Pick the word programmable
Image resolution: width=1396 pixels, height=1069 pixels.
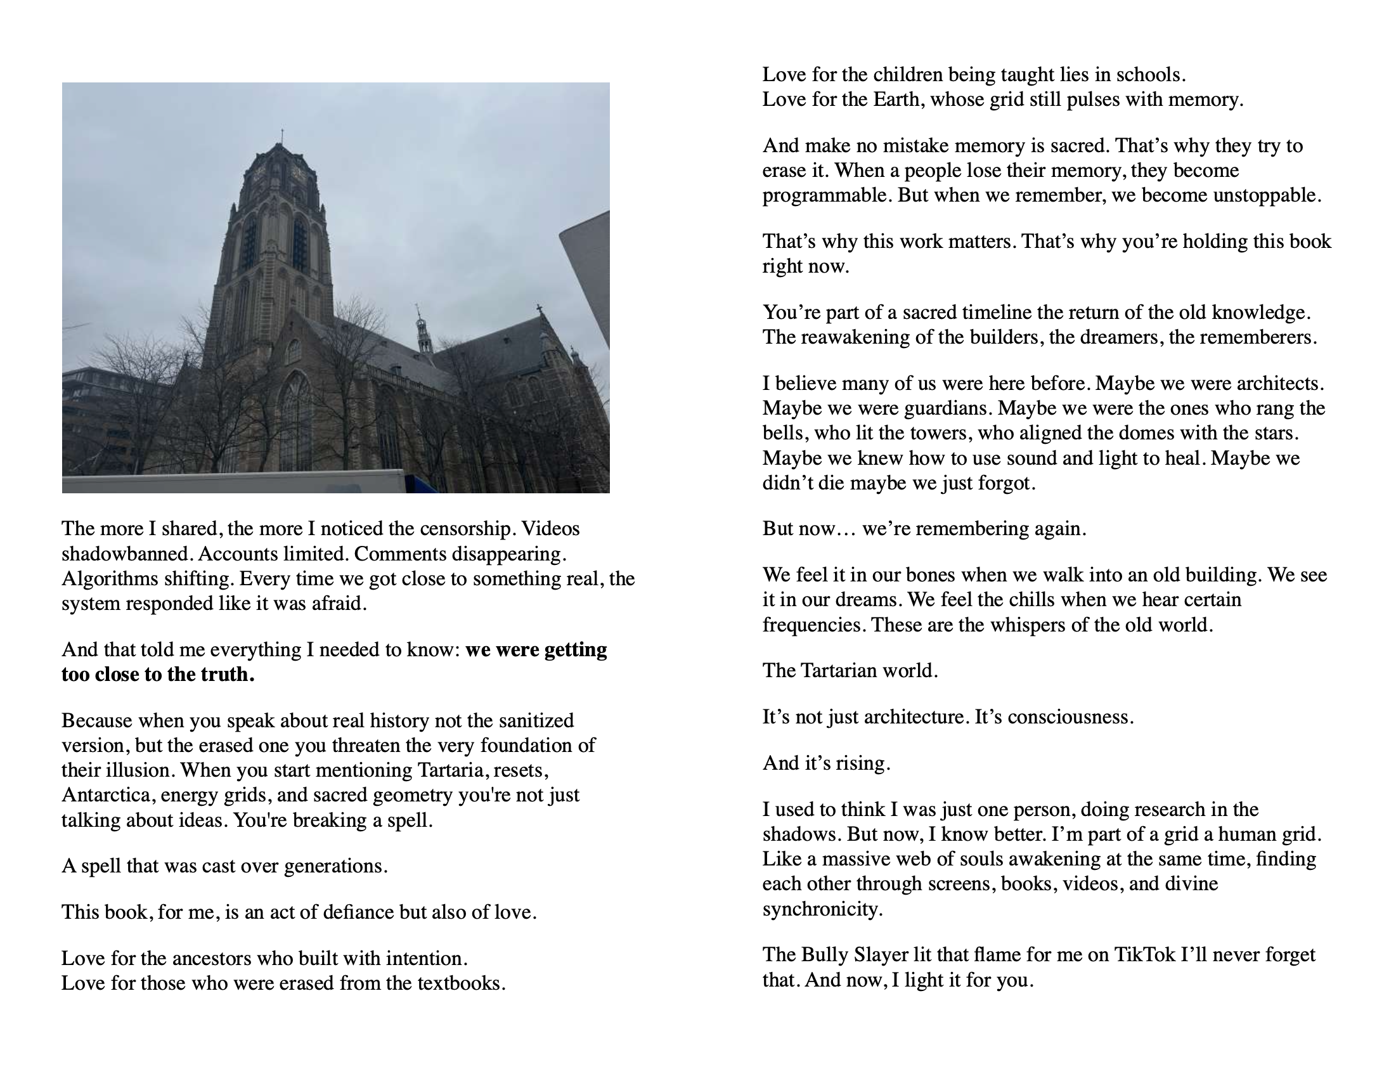point(827,195)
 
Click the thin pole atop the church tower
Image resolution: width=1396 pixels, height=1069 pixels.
point(282,136)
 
